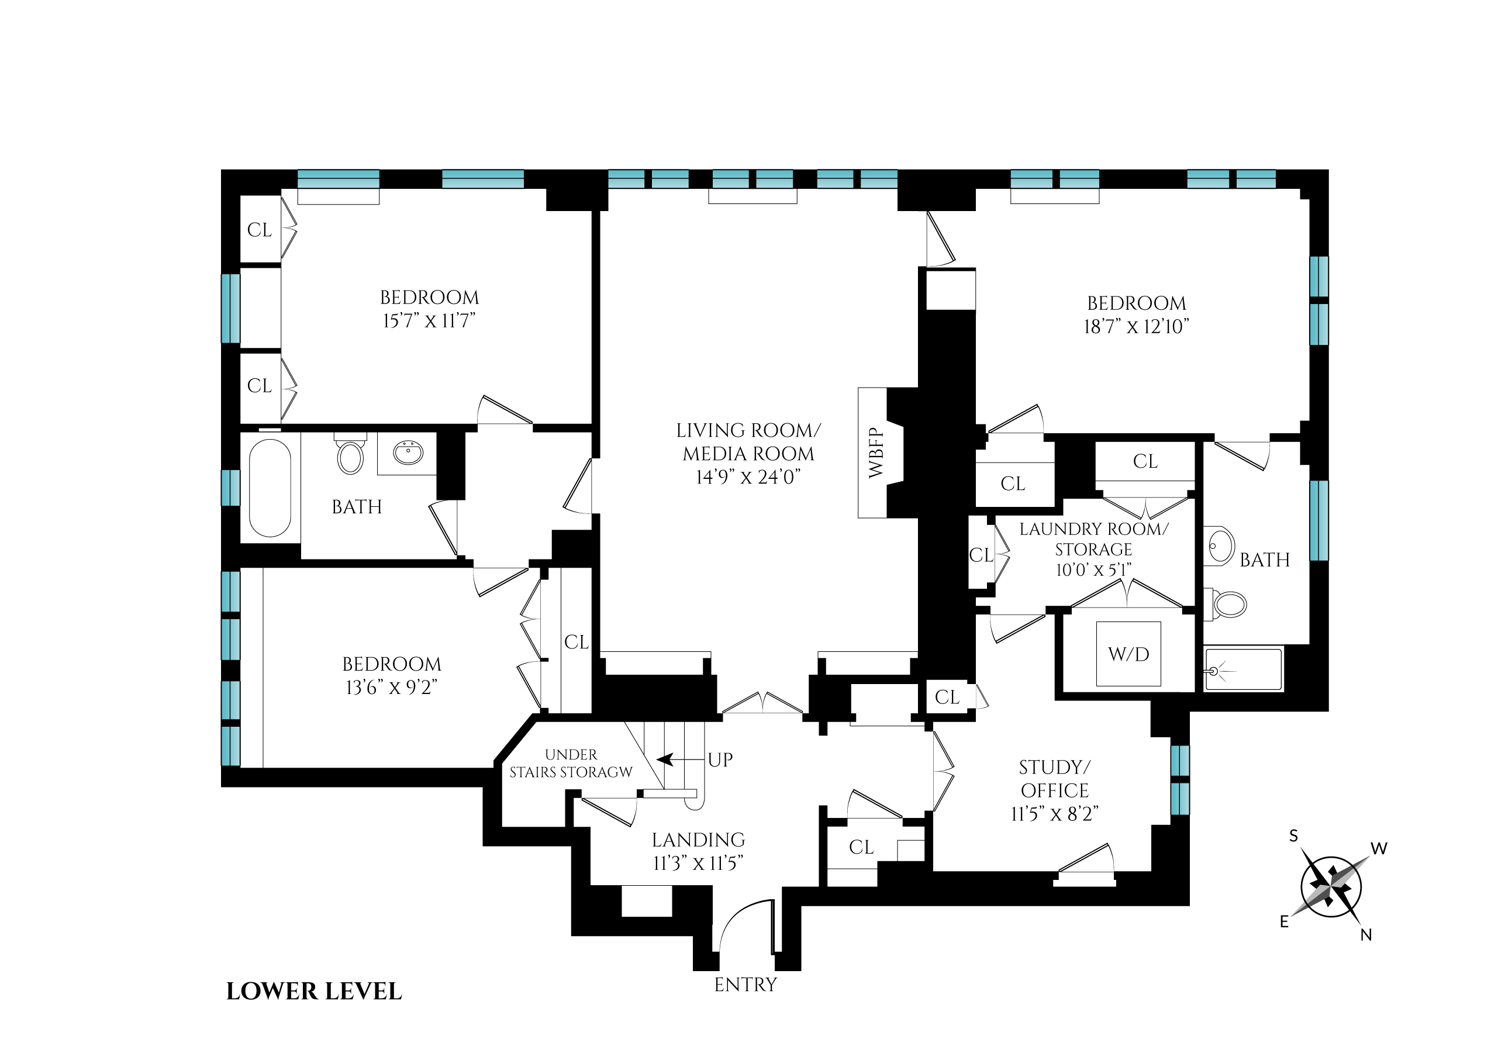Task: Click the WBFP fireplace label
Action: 875,453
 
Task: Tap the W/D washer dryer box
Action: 1128,654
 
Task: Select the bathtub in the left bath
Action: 270,488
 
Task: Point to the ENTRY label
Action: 745,985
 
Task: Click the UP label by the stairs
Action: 720,759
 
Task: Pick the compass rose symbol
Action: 1331,887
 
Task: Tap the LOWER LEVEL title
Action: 314,992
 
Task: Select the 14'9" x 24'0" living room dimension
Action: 748,477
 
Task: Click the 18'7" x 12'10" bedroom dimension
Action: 1137,326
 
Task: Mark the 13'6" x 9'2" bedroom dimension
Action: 392,688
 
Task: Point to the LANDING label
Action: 698,840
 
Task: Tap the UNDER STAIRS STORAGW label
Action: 571,764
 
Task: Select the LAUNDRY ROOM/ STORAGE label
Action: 1093,539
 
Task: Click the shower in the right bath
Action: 1243,669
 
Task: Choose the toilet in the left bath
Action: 350,455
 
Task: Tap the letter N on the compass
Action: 1365,935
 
